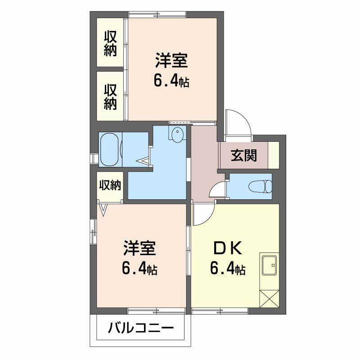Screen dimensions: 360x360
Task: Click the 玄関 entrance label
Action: [x=244, y=155]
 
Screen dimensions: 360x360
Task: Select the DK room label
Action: [x=227, y=248]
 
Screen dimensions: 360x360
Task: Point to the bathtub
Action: [x=109, y=149]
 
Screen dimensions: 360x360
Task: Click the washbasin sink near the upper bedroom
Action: [x=177, y=134]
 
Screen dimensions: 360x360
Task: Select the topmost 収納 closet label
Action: [x=111, y=43]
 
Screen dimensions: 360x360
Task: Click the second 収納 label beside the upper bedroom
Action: [x=111, y=96]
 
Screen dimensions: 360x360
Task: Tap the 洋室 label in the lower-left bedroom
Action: [x=139, y=248]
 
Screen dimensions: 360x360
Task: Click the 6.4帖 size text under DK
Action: [x=227, y=269]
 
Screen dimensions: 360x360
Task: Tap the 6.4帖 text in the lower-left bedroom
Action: [x=139, y=269]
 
